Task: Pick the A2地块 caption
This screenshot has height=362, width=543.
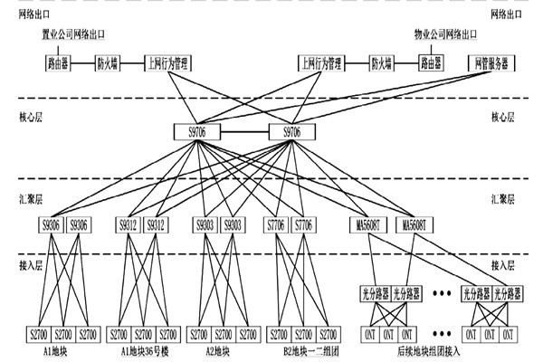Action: click(218, 350)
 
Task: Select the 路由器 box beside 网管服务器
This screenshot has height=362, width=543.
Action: click(430, 64)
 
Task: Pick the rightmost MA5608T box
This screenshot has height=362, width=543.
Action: click(417, 224)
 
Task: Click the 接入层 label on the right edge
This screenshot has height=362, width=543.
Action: click(502, 265)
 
